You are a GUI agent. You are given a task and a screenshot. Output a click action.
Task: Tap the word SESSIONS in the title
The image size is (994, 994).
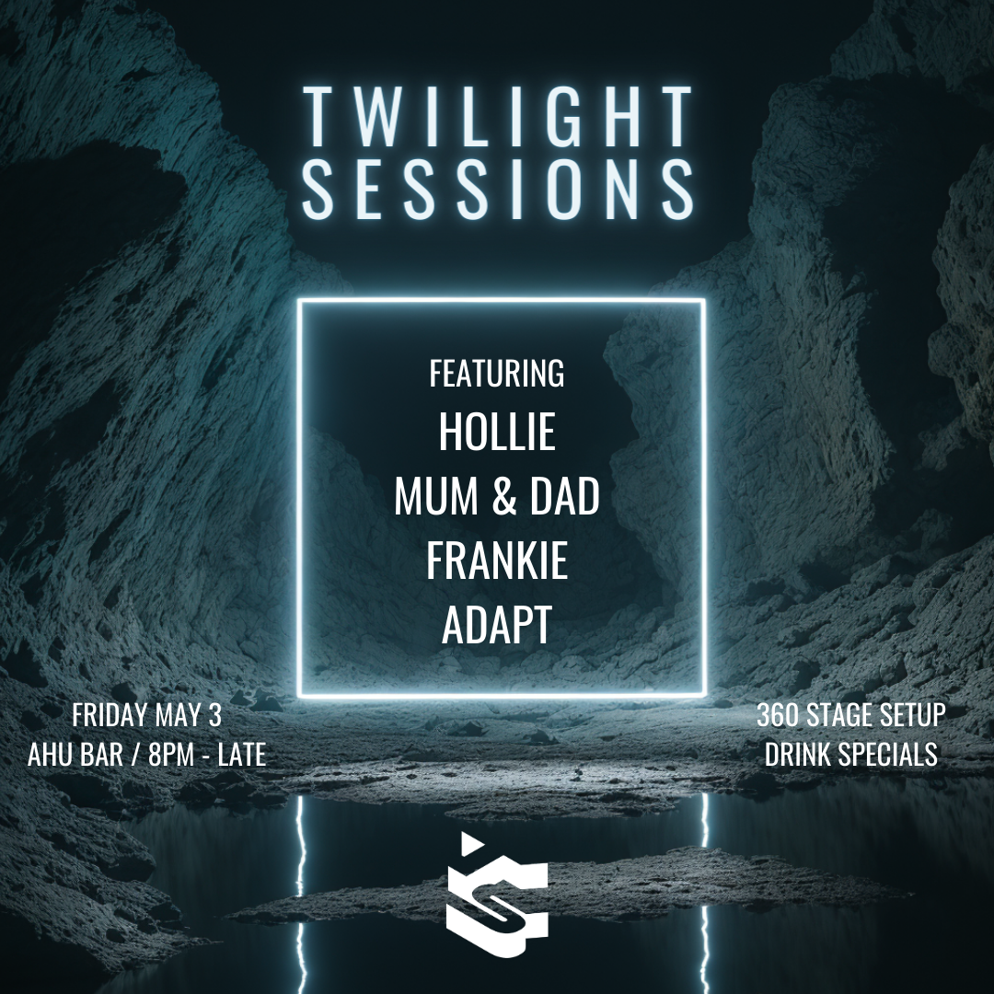498,189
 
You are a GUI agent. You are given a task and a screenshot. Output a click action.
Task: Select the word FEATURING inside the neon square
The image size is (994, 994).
497,374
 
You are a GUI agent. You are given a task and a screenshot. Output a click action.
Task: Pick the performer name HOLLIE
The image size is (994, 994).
497,431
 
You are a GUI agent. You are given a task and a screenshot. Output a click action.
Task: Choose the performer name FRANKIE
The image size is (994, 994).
497,561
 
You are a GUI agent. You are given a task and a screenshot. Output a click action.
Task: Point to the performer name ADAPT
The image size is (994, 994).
497,624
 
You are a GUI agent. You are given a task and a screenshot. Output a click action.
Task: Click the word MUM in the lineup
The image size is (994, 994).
436,496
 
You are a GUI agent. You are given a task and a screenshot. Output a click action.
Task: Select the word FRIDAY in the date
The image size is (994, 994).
109,715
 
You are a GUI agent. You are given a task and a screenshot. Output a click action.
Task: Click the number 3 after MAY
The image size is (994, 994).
214,715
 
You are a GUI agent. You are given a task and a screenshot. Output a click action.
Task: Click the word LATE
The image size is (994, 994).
241,755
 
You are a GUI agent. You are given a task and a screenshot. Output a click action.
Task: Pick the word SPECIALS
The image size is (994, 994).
888,755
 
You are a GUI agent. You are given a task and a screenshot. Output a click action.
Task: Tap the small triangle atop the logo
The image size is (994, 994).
470,842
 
